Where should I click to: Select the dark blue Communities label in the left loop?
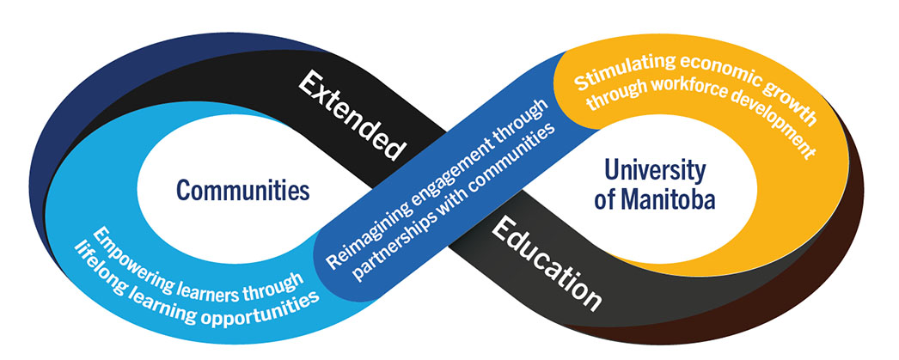pos(243,190)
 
